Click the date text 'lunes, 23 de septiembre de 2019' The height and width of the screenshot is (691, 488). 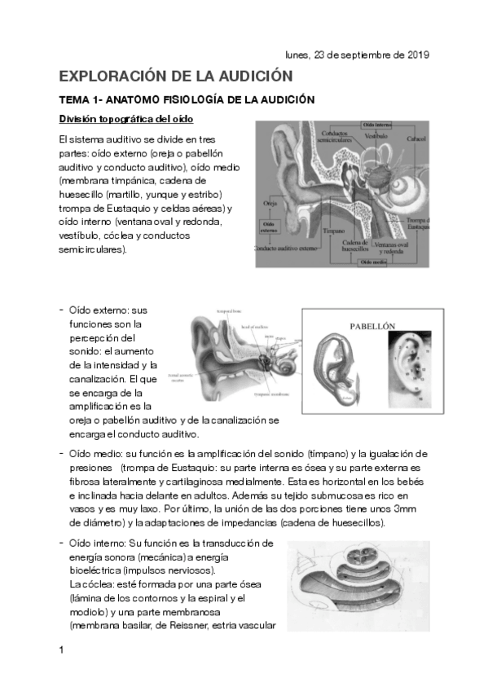click(357, 55)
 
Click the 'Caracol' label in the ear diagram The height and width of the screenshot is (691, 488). click(415, 139)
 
